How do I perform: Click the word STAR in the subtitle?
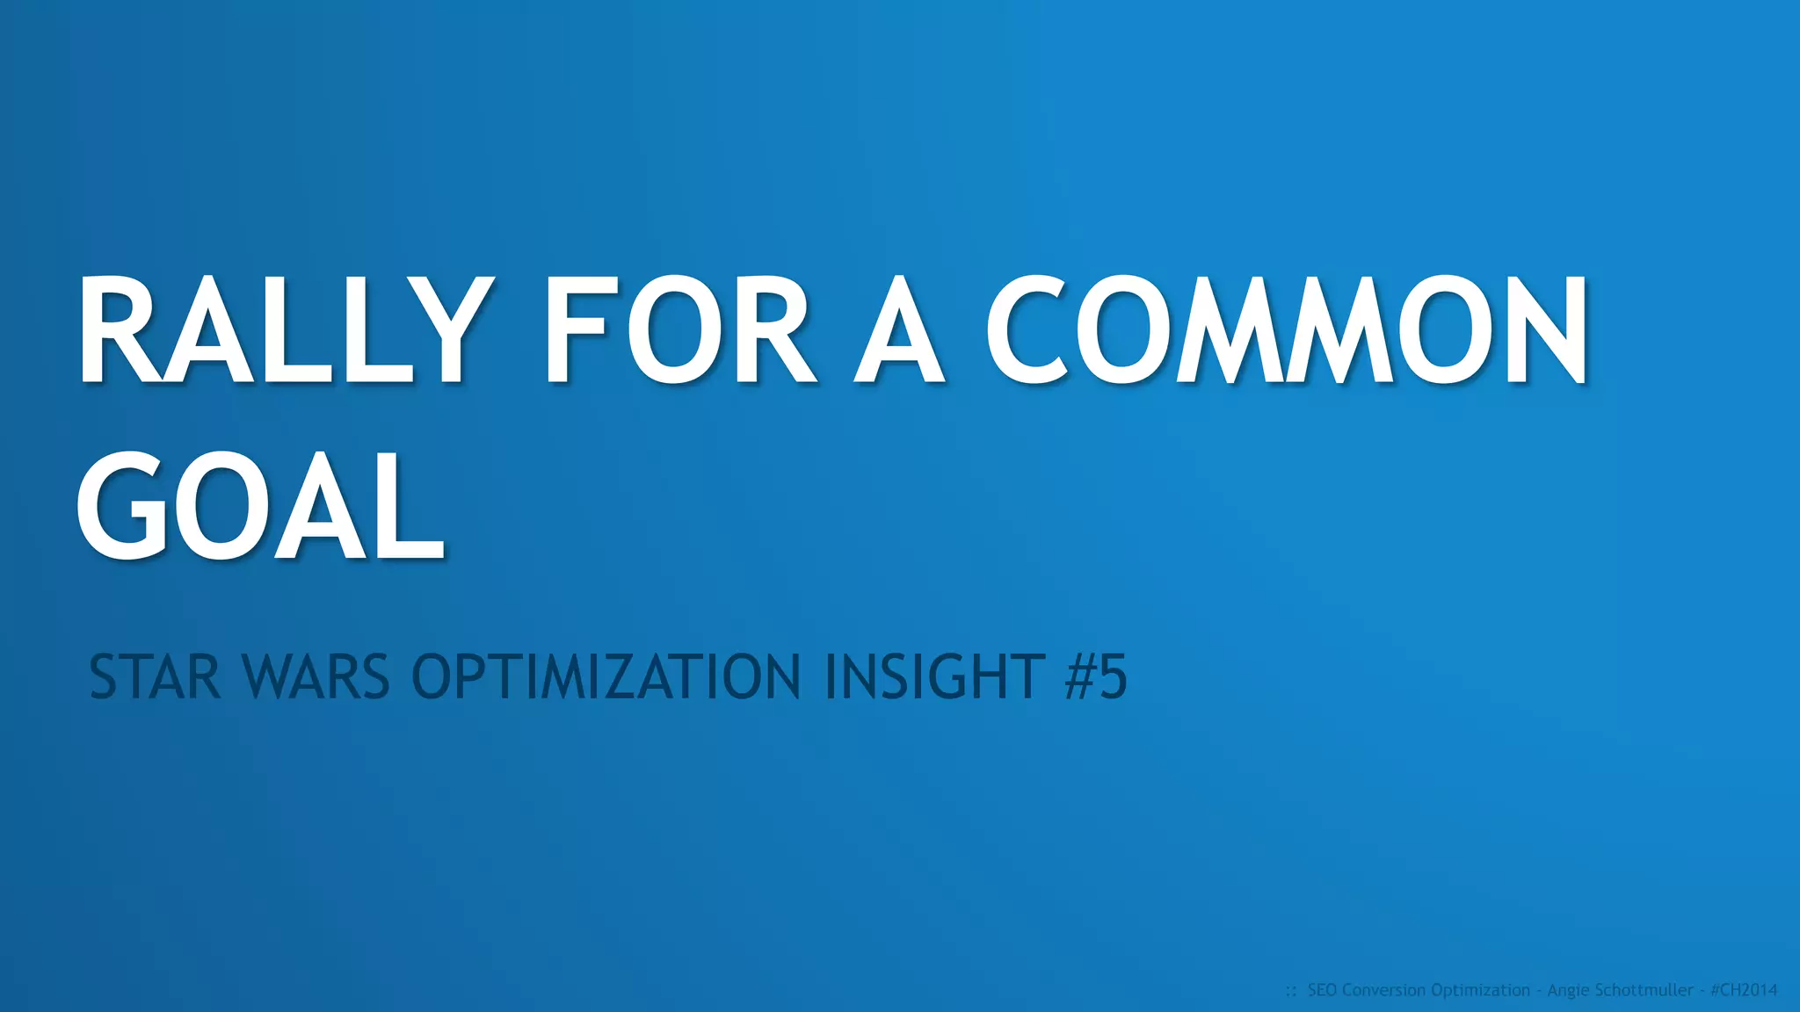pyautogui.click(x=155, y=677)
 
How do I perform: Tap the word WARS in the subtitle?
pyautogui.click(x=316, y=677)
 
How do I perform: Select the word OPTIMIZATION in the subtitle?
pyautogui.click(x=606, y=677)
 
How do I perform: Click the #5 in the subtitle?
pyautogui.click(x=1095, y=677)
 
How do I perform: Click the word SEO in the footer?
pyautogui.click(x=1323, y=990)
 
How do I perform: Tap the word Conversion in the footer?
pyautogui.click(x=1384, y=990)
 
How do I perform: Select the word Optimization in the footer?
pyautogui.click(x=1480, y=990)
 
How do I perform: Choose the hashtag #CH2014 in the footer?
pyautogui.click(x=1744, y=990)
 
